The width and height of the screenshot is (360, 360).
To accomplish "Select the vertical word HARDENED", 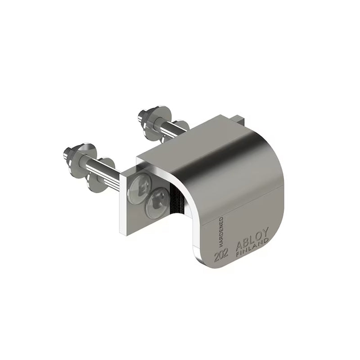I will coord(221,232).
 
